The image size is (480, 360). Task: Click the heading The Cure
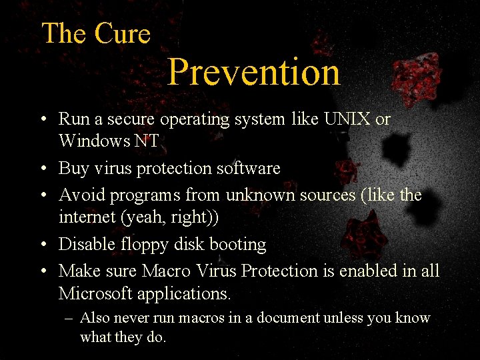click(96, 33)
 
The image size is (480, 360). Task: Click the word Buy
click(73, 169)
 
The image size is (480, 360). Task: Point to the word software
click(248, 169)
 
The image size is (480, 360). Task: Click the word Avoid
click(79, 195)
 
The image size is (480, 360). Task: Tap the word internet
click(85, 217)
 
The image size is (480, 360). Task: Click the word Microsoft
click(98, 293)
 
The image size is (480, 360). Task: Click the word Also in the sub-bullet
click(95, 318)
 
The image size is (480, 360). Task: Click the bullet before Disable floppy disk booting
click(42, 245)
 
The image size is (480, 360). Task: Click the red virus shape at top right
click(415, 79)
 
